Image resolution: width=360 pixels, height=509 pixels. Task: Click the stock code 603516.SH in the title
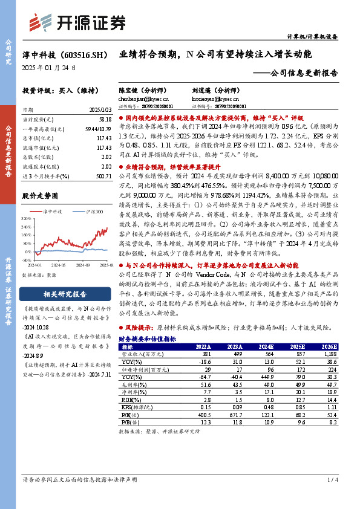click(84, 54)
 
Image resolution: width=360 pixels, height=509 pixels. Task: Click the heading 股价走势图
click(41, 196)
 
